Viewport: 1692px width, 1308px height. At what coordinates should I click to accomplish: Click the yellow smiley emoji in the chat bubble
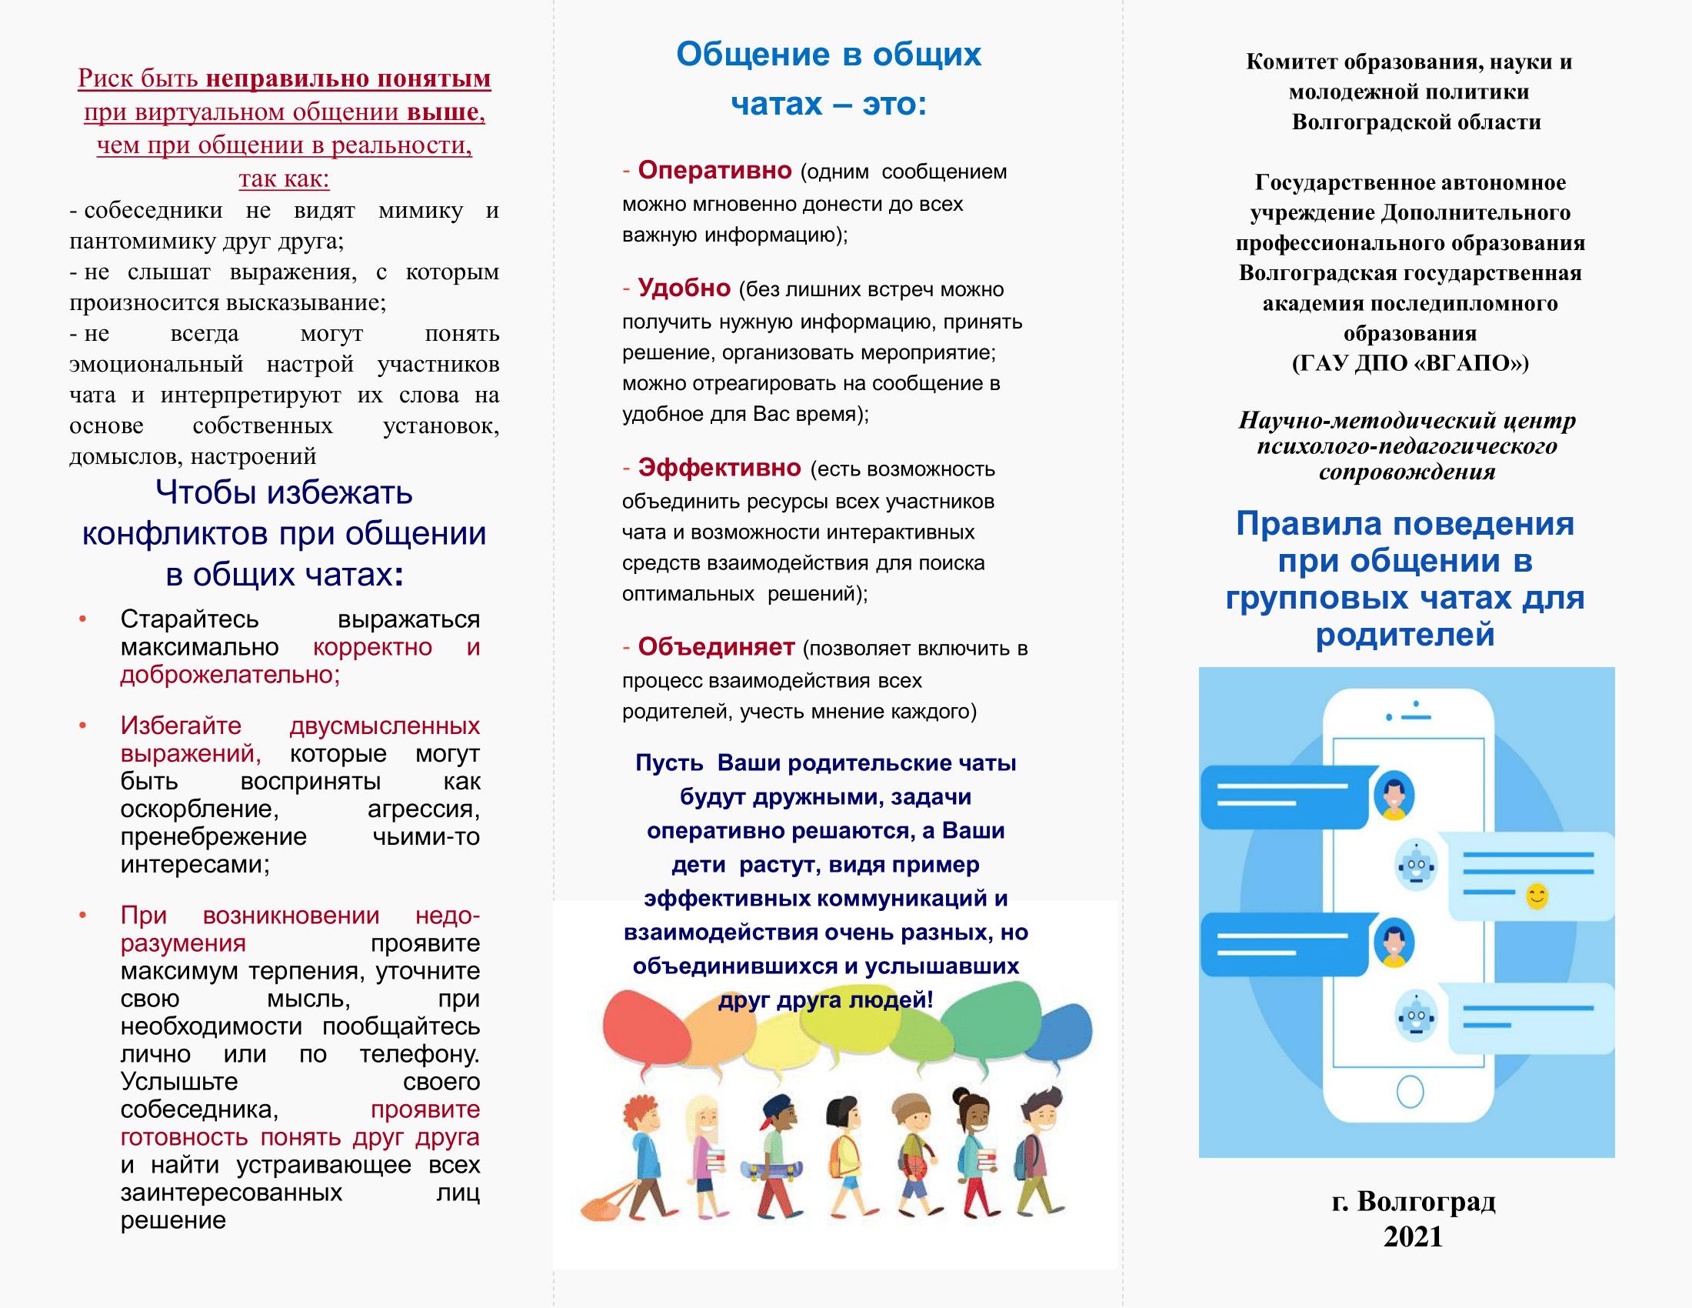[1537, 896]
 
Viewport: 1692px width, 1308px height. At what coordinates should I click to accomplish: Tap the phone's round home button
[1410, 1092]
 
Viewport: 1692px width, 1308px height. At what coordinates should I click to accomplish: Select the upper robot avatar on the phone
[1416, 865]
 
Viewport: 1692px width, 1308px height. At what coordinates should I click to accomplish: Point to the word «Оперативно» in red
[714, 170]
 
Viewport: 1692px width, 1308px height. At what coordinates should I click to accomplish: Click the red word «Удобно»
[684, 289]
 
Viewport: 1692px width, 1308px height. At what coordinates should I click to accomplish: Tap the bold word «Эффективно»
[719, 468]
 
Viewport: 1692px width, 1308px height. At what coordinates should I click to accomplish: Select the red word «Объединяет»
[716, 646]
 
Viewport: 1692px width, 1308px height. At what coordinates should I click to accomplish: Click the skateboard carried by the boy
[771, 1169]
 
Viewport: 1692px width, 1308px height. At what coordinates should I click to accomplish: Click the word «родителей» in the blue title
[1404, 635]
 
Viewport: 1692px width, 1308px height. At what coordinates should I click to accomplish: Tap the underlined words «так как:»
[284, 179]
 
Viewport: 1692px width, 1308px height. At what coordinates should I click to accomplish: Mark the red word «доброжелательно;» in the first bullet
[230, 675]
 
